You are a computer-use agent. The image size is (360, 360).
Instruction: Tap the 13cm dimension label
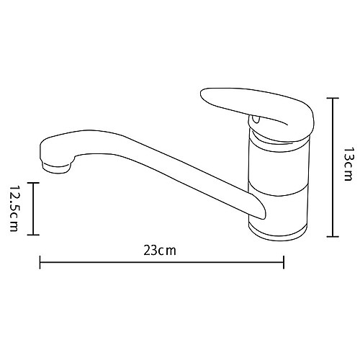coord(348,164)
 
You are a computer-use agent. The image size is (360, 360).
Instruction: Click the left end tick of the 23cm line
coord(40,264)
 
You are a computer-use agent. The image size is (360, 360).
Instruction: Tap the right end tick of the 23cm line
coord(285,264)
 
